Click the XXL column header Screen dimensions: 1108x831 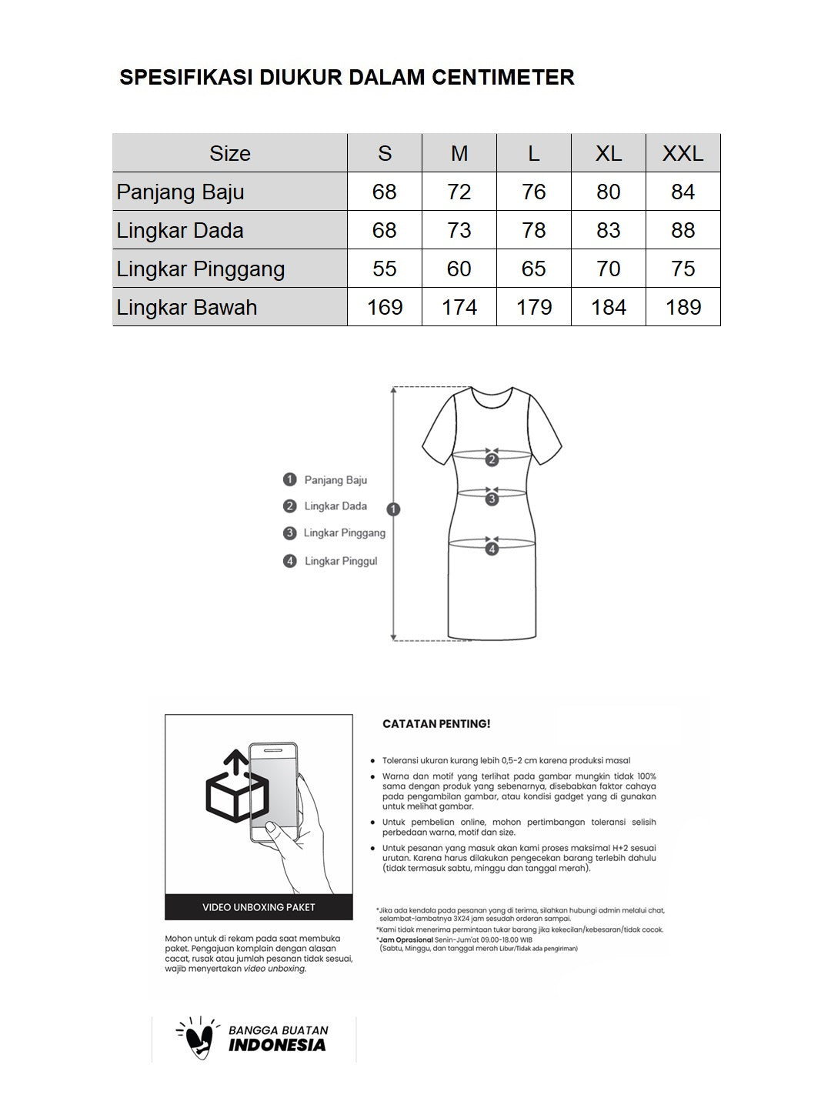(x=682, y=153)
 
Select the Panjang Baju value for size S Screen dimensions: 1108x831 (x=384, y=192)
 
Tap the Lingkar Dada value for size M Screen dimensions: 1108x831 (x=459, y=230)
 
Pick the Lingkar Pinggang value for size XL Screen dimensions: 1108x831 (x=608, y=269)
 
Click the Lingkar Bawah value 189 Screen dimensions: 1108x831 (x=682, y=307)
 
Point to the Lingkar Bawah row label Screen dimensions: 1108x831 (x=187, y=307)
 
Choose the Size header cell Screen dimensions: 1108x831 (x=229, y=153)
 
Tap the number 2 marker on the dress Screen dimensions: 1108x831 (x=492, y=460)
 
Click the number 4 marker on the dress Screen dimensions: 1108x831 (x=492, y=549)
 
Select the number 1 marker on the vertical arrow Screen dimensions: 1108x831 (x=394, y=509)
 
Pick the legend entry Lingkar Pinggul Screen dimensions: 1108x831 (x=340, y=561)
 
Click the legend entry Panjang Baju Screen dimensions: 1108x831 (x=335, y=480)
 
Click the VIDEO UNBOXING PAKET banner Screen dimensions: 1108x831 (x=259, y=907)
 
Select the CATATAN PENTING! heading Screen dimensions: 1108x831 (x=436, y=724)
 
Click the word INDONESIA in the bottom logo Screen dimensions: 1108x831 (x=277, y=1046)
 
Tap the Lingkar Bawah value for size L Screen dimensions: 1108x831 (x=533, y=307)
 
